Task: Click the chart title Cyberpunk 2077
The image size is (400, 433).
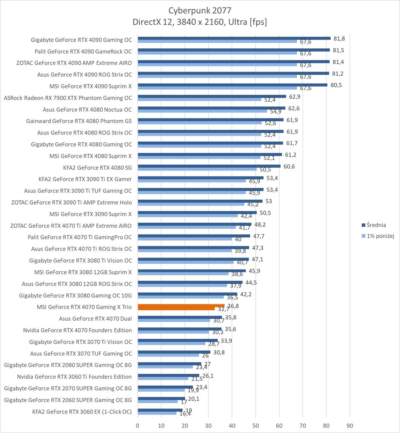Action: pos(200,10)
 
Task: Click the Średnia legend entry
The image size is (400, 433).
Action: pos(376,225)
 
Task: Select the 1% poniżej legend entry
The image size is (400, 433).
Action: pos(380,236)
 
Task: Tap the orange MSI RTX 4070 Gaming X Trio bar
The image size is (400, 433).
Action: pos(181,306)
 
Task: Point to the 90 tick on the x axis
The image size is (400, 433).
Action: pos(350,426)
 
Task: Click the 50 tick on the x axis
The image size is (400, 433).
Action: pos(255,426)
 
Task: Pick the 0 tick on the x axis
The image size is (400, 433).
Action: pos(138,426)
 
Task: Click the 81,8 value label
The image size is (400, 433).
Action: pos(339,38)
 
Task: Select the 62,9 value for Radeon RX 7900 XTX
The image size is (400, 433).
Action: pos(294,96)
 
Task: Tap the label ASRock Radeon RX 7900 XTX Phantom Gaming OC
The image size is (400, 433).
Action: pos(68,98)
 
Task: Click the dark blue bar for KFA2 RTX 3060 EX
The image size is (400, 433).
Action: pos(160,410)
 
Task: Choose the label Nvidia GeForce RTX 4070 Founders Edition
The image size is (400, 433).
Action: pos(77,330)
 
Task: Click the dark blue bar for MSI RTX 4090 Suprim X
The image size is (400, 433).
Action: pos(232,85)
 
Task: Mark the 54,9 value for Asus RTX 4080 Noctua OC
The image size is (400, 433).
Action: pos(276,112)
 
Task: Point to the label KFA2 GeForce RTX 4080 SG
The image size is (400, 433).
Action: pos(97,168)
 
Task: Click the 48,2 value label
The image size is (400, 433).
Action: pos(260,225)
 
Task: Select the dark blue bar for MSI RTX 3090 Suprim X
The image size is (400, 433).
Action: pos(197,213)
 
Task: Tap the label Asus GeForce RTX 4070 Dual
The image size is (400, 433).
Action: pos(95,318)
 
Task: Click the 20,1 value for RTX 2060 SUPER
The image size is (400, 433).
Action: pos(194,399)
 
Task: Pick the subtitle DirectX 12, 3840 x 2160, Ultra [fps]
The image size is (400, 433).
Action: pos(200,22)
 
